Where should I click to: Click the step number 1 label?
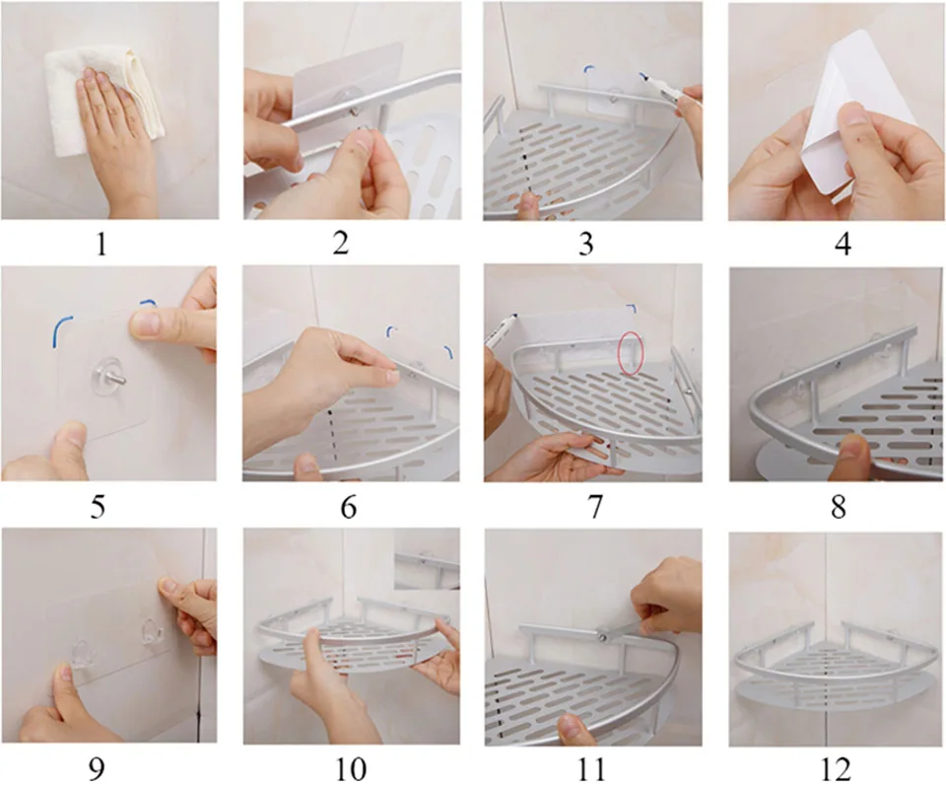101,244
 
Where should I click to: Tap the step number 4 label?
843,244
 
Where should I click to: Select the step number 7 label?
595,507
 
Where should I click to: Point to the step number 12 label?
837,769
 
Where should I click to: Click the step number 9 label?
97,768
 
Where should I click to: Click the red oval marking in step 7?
631,353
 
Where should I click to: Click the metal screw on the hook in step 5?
119,382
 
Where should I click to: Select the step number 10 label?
350,768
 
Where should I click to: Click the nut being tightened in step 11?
602,636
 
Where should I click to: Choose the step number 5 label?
97,507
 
